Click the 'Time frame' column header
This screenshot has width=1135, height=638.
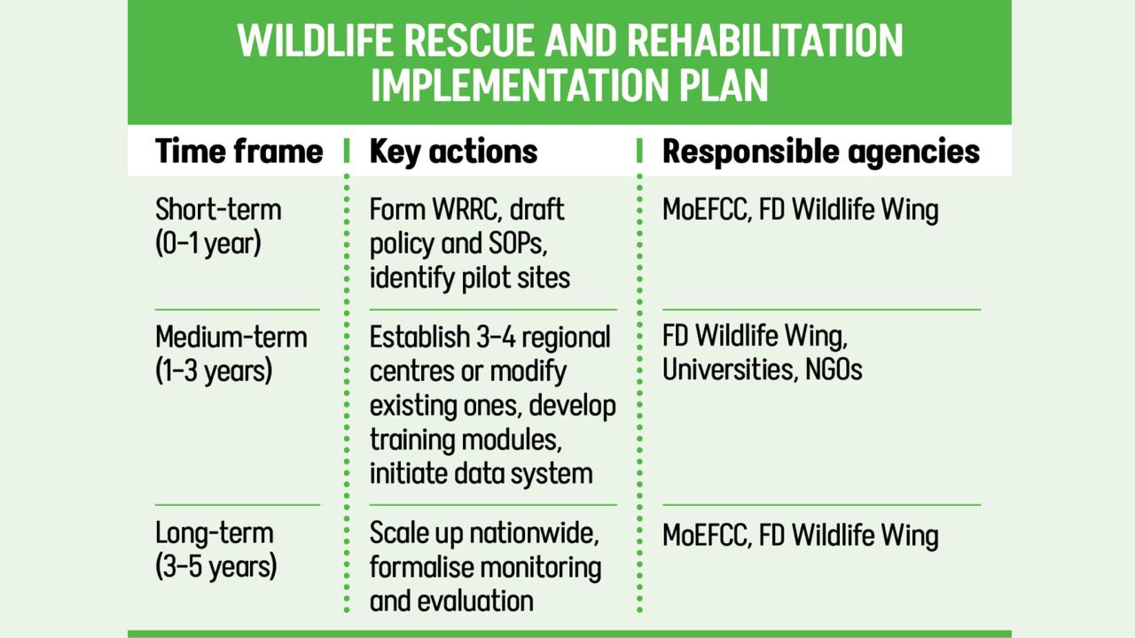click(239, 151)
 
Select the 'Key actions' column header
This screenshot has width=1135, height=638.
click(453, 152)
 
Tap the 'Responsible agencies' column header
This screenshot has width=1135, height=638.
click(821, 152)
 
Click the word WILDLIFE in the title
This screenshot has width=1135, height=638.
click(315, 41)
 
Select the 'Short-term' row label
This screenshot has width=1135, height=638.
click(218, 209)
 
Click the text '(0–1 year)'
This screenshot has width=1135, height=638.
click(208, 244)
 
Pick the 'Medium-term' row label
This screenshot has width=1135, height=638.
click(231, 337)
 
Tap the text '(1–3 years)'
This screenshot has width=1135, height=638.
click(214, 371)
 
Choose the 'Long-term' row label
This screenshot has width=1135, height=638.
click(215, 533)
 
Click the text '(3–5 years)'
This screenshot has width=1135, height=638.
click(215, 565)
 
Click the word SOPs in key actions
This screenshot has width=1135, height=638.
click(518, 244)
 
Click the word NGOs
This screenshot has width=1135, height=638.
click(834, 370)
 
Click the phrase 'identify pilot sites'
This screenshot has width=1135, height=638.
click(470, 278)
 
